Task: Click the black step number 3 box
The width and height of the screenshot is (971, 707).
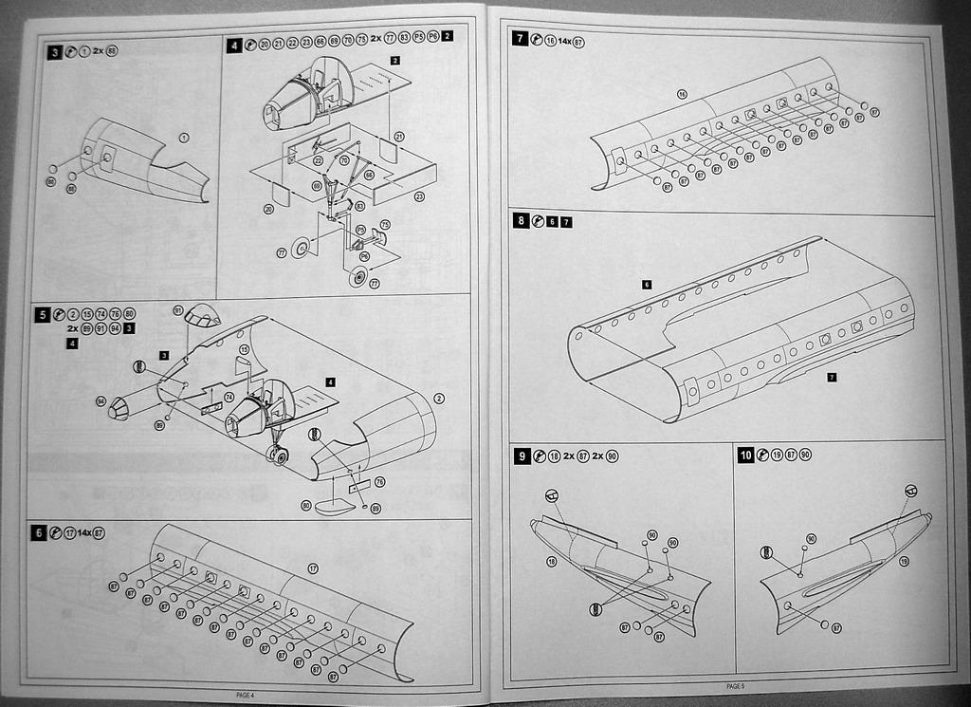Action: click(55, 50)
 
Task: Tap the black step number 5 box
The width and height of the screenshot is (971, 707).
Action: click(43, 314)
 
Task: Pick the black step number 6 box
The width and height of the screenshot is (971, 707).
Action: click(38, 533)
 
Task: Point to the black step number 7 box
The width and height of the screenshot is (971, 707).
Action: click(520, 39)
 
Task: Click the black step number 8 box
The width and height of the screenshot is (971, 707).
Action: click(521, 220)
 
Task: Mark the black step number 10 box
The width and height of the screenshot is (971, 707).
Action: click(746, 456)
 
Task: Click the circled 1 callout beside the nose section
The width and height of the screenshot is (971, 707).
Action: click(184, 138)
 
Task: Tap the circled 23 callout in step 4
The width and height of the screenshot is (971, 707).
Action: click(418, 196)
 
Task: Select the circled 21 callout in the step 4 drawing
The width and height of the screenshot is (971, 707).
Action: click(399, 137)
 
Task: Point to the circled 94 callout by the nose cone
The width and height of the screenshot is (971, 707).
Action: click(100, 401)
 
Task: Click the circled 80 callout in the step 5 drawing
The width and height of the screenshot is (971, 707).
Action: click(306, 505)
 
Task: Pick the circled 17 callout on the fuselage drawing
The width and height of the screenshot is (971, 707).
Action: click(312, 568)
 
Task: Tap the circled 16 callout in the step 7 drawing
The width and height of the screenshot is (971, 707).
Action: click(682, 94)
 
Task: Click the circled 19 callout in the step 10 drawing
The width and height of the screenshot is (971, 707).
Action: click(904, 562)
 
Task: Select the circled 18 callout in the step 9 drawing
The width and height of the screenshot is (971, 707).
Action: click(551, 562)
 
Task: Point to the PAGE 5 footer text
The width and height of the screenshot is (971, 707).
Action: click(736, 685)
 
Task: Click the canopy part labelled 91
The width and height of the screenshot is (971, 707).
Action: click(202, 316)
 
